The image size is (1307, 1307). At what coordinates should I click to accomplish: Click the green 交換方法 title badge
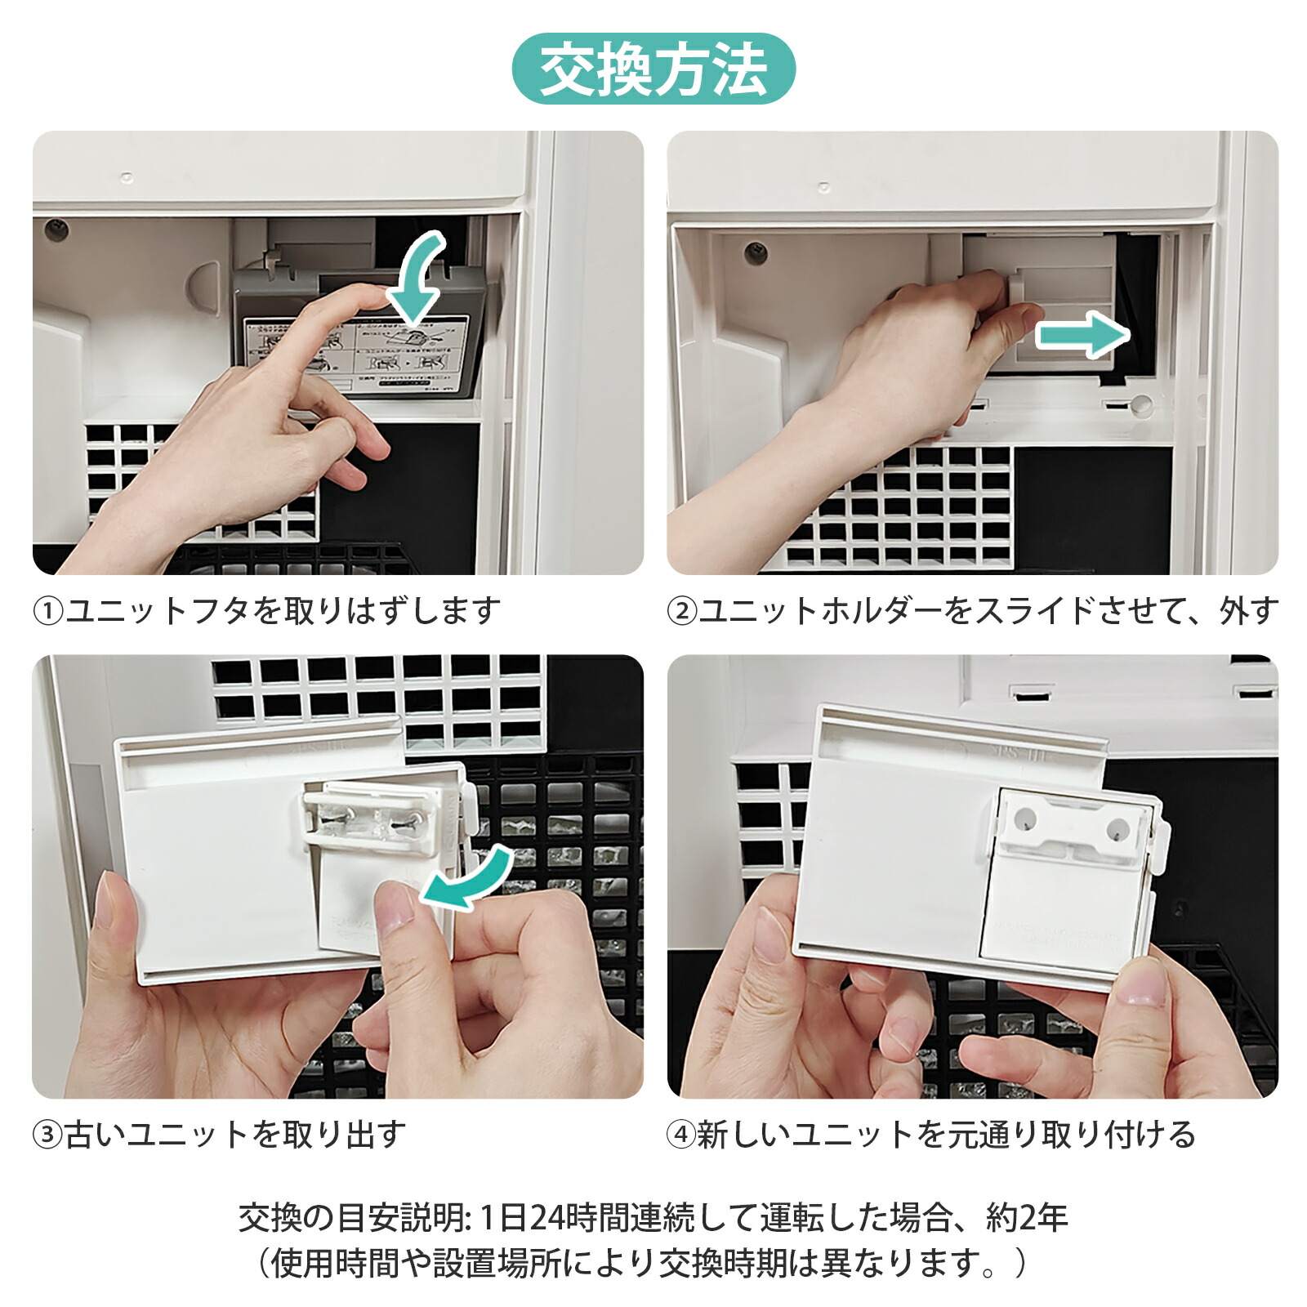click(x=653, y=69)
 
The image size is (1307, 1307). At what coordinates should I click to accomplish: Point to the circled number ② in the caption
click(x=682, y=611)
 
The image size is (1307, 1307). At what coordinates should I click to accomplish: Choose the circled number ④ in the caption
click(x=682, y=1135)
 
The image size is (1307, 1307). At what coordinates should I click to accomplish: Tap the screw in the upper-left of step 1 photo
click(x=56, y=230)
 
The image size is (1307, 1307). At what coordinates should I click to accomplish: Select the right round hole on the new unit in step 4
click(x=1117, y=830)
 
